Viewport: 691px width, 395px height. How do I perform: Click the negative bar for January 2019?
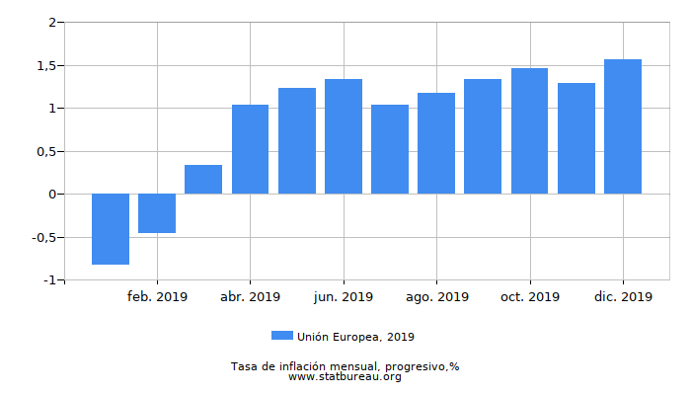[111, 229]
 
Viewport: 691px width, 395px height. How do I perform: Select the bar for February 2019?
[157, 213]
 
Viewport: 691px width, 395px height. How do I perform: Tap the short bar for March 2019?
[203, 180]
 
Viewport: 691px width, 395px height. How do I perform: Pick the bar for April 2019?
[250, 149]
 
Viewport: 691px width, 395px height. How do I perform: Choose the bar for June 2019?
[344, 136]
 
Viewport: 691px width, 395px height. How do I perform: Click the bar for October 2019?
[529, 131]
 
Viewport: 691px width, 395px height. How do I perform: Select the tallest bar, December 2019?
[623, 126]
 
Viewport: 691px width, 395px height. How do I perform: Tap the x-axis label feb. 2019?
[157, 296]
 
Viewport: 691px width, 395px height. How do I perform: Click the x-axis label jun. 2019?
[344, 296]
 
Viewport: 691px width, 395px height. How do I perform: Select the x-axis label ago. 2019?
[436, 296]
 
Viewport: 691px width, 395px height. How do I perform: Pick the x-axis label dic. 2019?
[623, 296]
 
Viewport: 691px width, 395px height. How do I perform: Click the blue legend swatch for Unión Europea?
[282, 337]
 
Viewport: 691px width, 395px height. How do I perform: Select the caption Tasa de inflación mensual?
[345, 366]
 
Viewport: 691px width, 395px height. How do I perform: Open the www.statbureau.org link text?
[345, 377]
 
